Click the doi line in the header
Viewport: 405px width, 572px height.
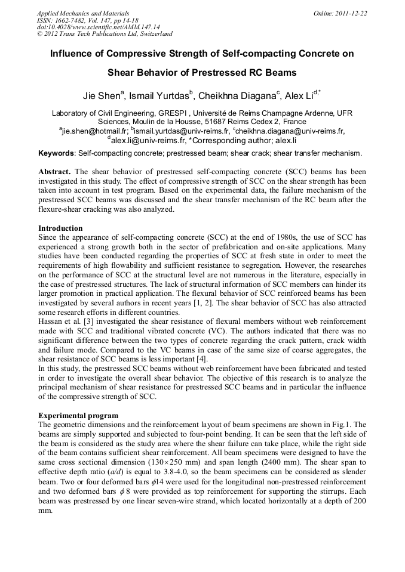[99, 27]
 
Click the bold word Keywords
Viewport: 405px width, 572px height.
[57, 153]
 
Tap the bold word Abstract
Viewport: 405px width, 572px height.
[55, 171]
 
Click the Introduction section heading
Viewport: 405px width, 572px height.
[60, 228]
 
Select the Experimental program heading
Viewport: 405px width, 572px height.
[78, 415]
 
